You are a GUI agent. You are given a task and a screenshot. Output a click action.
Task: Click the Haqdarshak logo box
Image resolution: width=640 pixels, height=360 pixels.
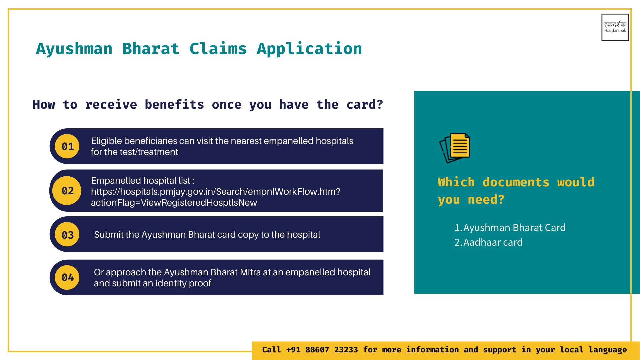[615, 27]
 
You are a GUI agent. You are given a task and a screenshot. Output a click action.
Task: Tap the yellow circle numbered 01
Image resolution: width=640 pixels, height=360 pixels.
[67, 146]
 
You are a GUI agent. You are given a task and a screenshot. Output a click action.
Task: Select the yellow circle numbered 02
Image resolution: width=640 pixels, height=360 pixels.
[67, 191]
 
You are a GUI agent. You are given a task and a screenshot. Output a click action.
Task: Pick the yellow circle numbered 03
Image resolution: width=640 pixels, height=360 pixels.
[67, 235]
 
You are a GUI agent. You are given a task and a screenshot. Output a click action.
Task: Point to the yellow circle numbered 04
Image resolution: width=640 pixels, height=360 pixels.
[67, 278]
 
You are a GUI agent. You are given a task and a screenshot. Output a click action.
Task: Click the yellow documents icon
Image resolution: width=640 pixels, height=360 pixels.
[455, 148]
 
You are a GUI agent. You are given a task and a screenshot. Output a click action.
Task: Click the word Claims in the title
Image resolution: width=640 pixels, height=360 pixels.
[218, 49]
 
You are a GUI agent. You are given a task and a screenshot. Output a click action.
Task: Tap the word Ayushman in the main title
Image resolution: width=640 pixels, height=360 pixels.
[74, 49]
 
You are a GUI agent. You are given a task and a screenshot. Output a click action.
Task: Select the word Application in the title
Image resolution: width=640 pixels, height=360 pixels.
[309, 49]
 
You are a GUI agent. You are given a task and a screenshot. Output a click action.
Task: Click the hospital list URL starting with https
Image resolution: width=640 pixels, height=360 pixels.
[216, 192]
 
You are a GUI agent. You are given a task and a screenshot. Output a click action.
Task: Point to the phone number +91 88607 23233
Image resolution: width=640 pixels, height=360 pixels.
[322, 350]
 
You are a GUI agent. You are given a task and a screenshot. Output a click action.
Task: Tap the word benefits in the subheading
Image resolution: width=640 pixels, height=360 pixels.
[174, 105]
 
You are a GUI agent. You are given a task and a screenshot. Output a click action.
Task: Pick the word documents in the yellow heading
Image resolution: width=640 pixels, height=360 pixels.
[516, 182]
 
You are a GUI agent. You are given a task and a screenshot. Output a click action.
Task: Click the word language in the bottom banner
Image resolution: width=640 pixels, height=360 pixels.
[608, 350]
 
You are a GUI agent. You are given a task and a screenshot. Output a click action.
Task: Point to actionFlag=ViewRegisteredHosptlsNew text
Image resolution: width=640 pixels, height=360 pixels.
[174, 203]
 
